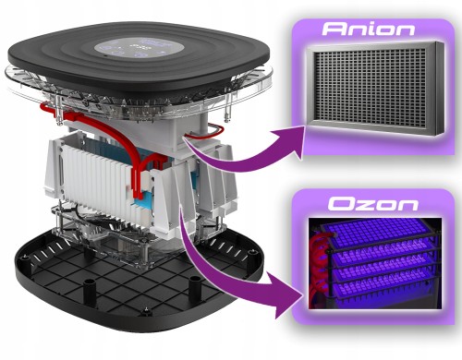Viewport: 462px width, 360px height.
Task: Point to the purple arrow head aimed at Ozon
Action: click(x=294, y=297)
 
